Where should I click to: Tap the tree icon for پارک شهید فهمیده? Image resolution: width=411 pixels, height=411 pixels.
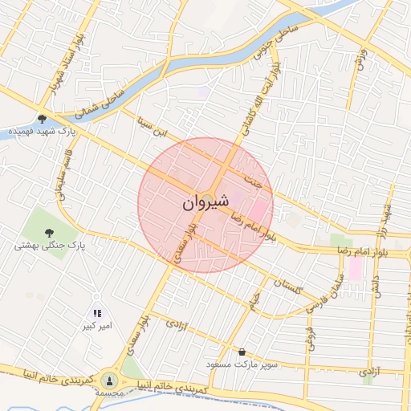pos(42,117)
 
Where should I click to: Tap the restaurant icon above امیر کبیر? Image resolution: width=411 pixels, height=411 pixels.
pos(97,314)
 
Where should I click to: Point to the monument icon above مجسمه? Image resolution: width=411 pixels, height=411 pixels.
pos(110,380)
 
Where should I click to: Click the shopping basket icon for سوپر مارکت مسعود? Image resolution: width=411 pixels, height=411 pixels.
pos(242,352)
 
